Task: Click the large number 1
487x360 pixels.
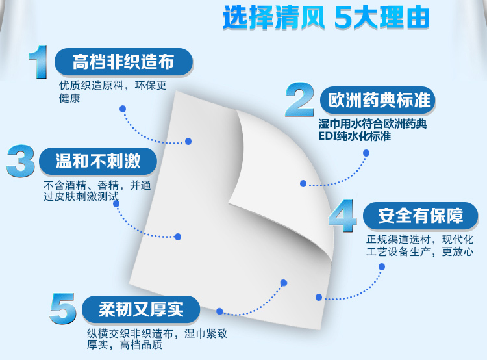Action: (x=38, y=62)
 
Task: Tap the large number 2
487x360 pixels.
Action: (x=299, y=99)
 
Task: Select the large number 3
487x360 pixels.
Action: (x=21, y=161)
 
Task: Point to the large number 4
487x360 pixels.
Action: (x=342, y=216)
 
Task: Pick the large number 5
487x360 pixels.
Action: (x=63, y=309)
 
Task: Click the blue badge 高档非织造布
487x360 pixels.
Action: (x=123, y=62)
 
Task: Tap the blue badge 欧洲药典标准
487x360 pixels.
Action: (x=378, y=100)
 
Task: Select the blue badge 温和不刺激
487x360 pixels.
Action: (x=98, y=161)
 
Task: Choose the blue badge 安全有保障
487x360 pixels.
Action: (x=421, y=216)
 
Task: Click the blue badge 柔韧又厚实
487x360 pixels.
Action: (x=141, y=309)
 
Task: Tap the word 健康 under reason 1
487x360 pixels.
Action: (x=69, y=99)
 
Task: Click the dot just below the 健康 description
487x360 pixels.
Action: (x=123, y=109)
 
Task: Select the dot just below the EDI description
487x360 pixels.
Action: (x=366, y=153)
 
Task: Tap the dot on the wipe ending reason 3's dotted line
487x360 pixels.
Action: (x=178, y=237)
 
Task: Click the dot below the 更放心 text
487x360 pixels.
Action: (x=382, y=266)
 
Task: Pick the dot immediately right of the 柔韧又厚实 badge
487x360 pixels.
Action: (x=219, y=311)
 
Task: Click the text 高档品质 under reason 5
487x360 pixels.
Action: (x=141, y=345)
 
